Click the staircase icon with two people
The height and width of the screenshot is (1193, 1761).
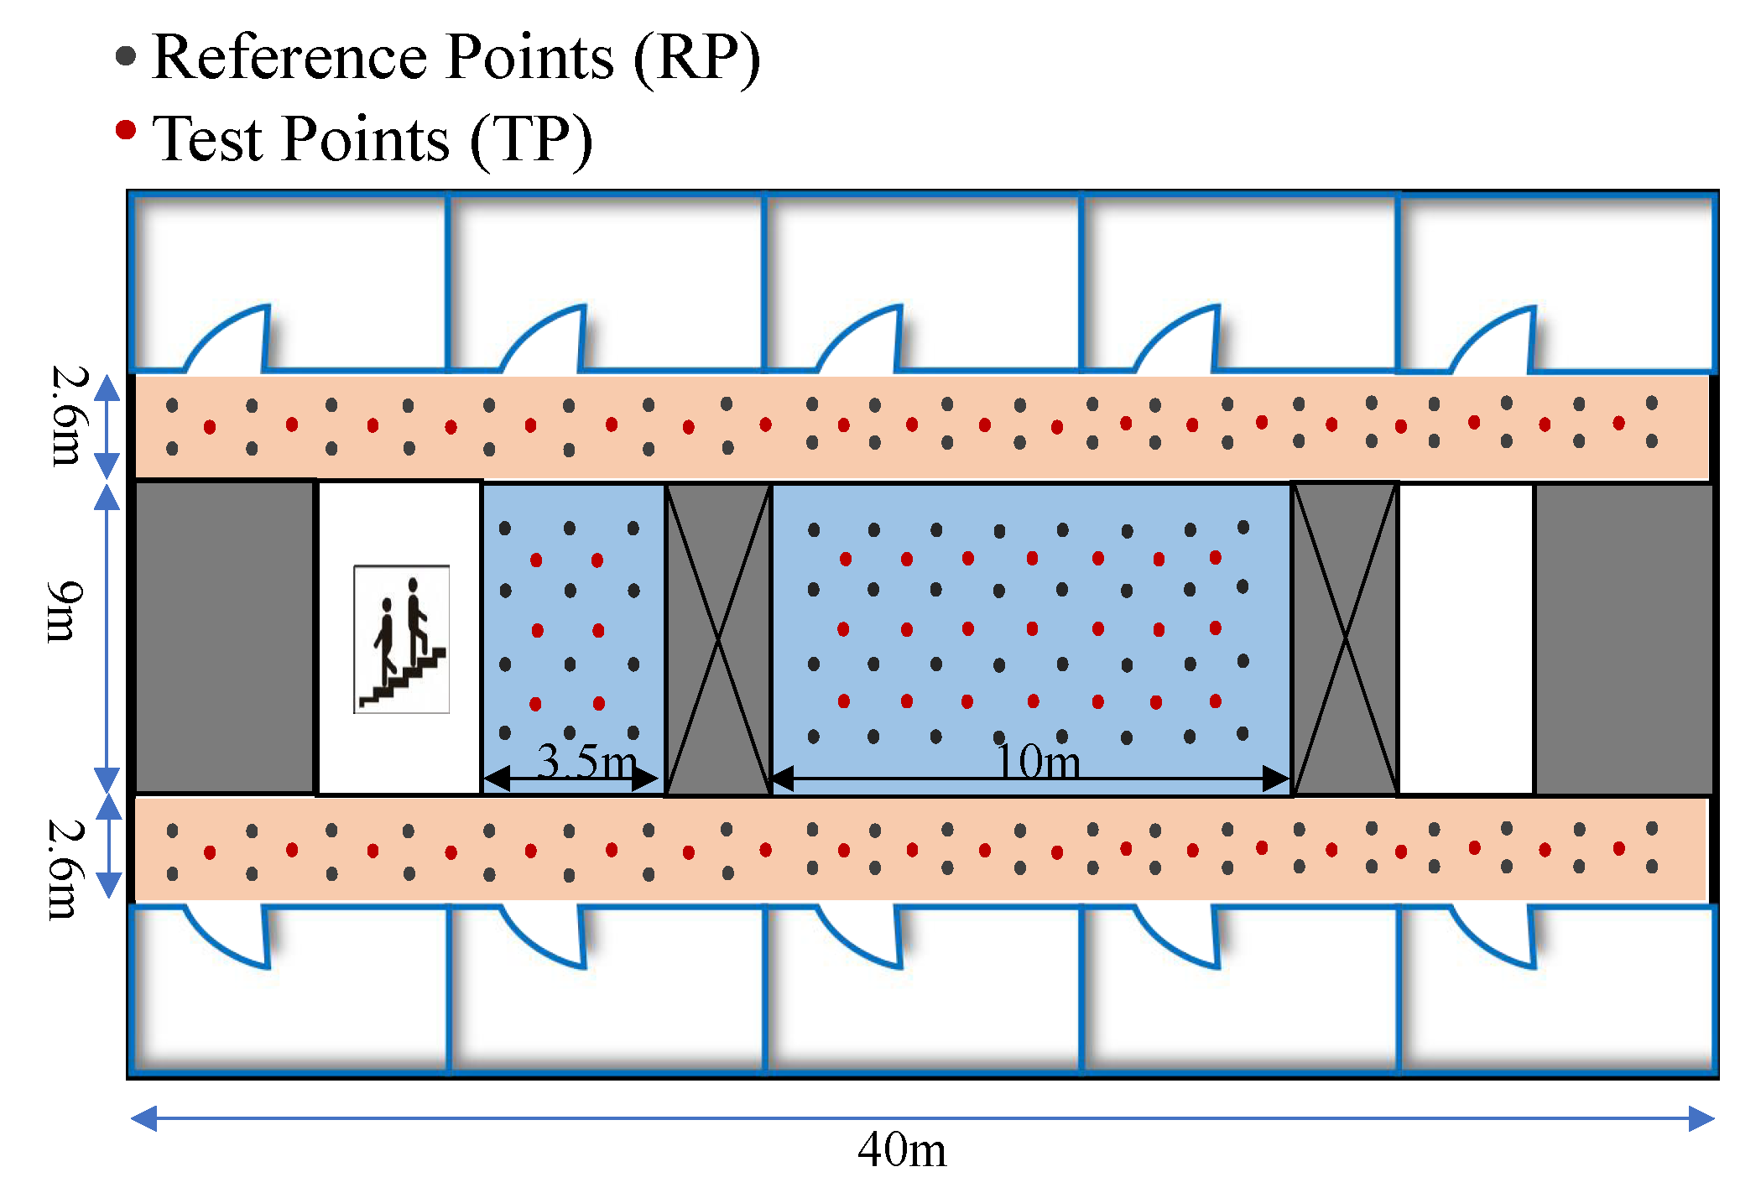(x=401, y=639)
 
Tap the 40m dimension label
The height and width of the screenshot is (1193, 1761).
(x=901, y=1150)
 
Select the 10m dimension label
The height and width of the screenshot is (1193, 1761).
(x=1037, y=762)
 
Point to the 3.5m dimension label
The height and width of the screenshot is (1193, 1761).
(x=586, y=762)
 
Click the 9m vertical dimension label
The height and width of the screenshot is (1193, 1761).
(x=65, y=611)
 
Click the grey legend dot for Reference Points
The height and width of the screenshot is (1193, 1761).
(x=126, y=56)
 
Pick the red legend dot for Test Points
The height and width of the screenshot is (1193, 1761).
(x=126, y=130)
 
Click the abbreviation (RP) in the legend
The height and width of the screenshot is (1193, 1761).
(x=696, y=59)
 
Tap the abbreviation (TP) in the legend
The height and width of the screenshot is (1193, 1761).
(x=531, y=140)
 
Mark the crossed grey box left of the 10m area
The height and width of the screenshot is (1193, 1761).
(x=718, y=639)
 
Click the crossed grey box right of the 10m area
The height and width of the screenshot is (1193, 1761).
(x=1345, y=639)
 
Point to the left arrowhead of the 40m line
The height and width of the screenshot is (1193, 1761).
(x=144, y=1118)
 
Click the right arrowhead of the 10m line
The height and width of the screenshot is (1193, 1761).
(x=1276, y=779)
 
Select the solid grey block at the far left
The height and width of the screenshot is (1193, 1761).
(x=225, y=638)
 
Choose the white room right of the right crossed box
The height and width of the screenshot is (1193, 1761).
(x=1466, y=638)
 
